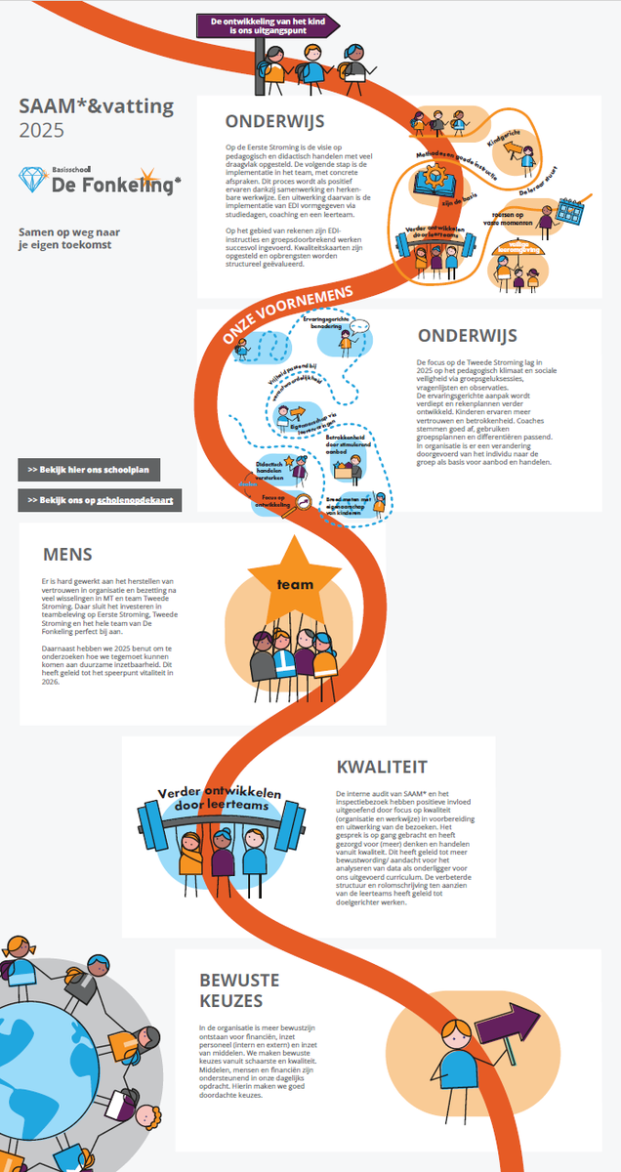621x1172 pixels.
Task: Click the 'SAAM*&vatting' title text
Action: click(x=96, y=106)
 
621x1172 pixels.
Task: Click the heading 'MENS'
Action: click(x=67, y=554)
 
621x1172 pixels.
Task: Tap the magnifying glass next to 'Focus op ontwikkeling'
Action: click(x=305, y=502)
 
